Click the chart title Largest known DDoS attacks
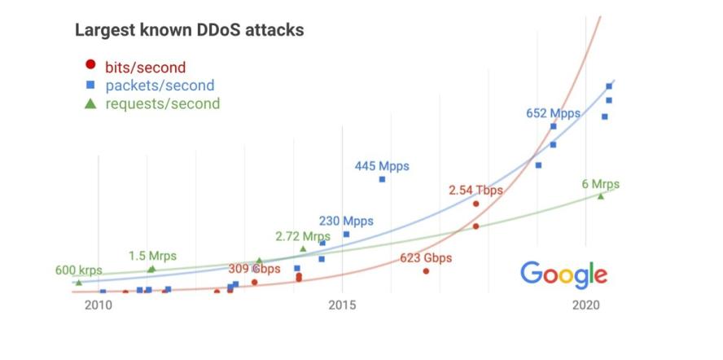click(x=189, y=31)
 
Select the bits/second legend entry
click(x=145, y=67)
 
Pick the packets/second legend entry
click(x=160, y=85)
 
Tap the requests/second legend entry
click(x=162, y=103)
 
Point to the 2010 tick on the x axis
click(x=98, y=305)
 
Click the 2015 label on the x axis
click(x=342, y=305)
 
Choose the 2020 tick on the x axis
click(x=586, y=305)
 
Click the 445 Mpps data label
click(x=382, y=166)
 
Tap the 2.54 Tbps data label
click(x=475, y=190)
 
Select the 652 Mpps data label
click(x=553, y=113)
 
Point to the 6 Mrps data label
click(x=599, y=184)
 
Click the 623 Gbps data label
click(x=426, y=258)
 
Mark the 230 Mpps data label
click(x=346, y=221)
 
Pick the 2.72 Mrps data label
click(x=302, y=236)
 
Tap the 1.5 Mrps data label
click(x=151, y=255)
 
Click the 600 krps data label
click(x=79, y=270)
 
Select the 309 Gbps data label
click(x=254, y=269)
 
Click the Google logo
click(x=563, y=274)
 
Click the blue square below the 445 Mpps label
click(x=382, y=179)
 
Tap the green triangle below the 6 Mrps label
click(x=601, y=195)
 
